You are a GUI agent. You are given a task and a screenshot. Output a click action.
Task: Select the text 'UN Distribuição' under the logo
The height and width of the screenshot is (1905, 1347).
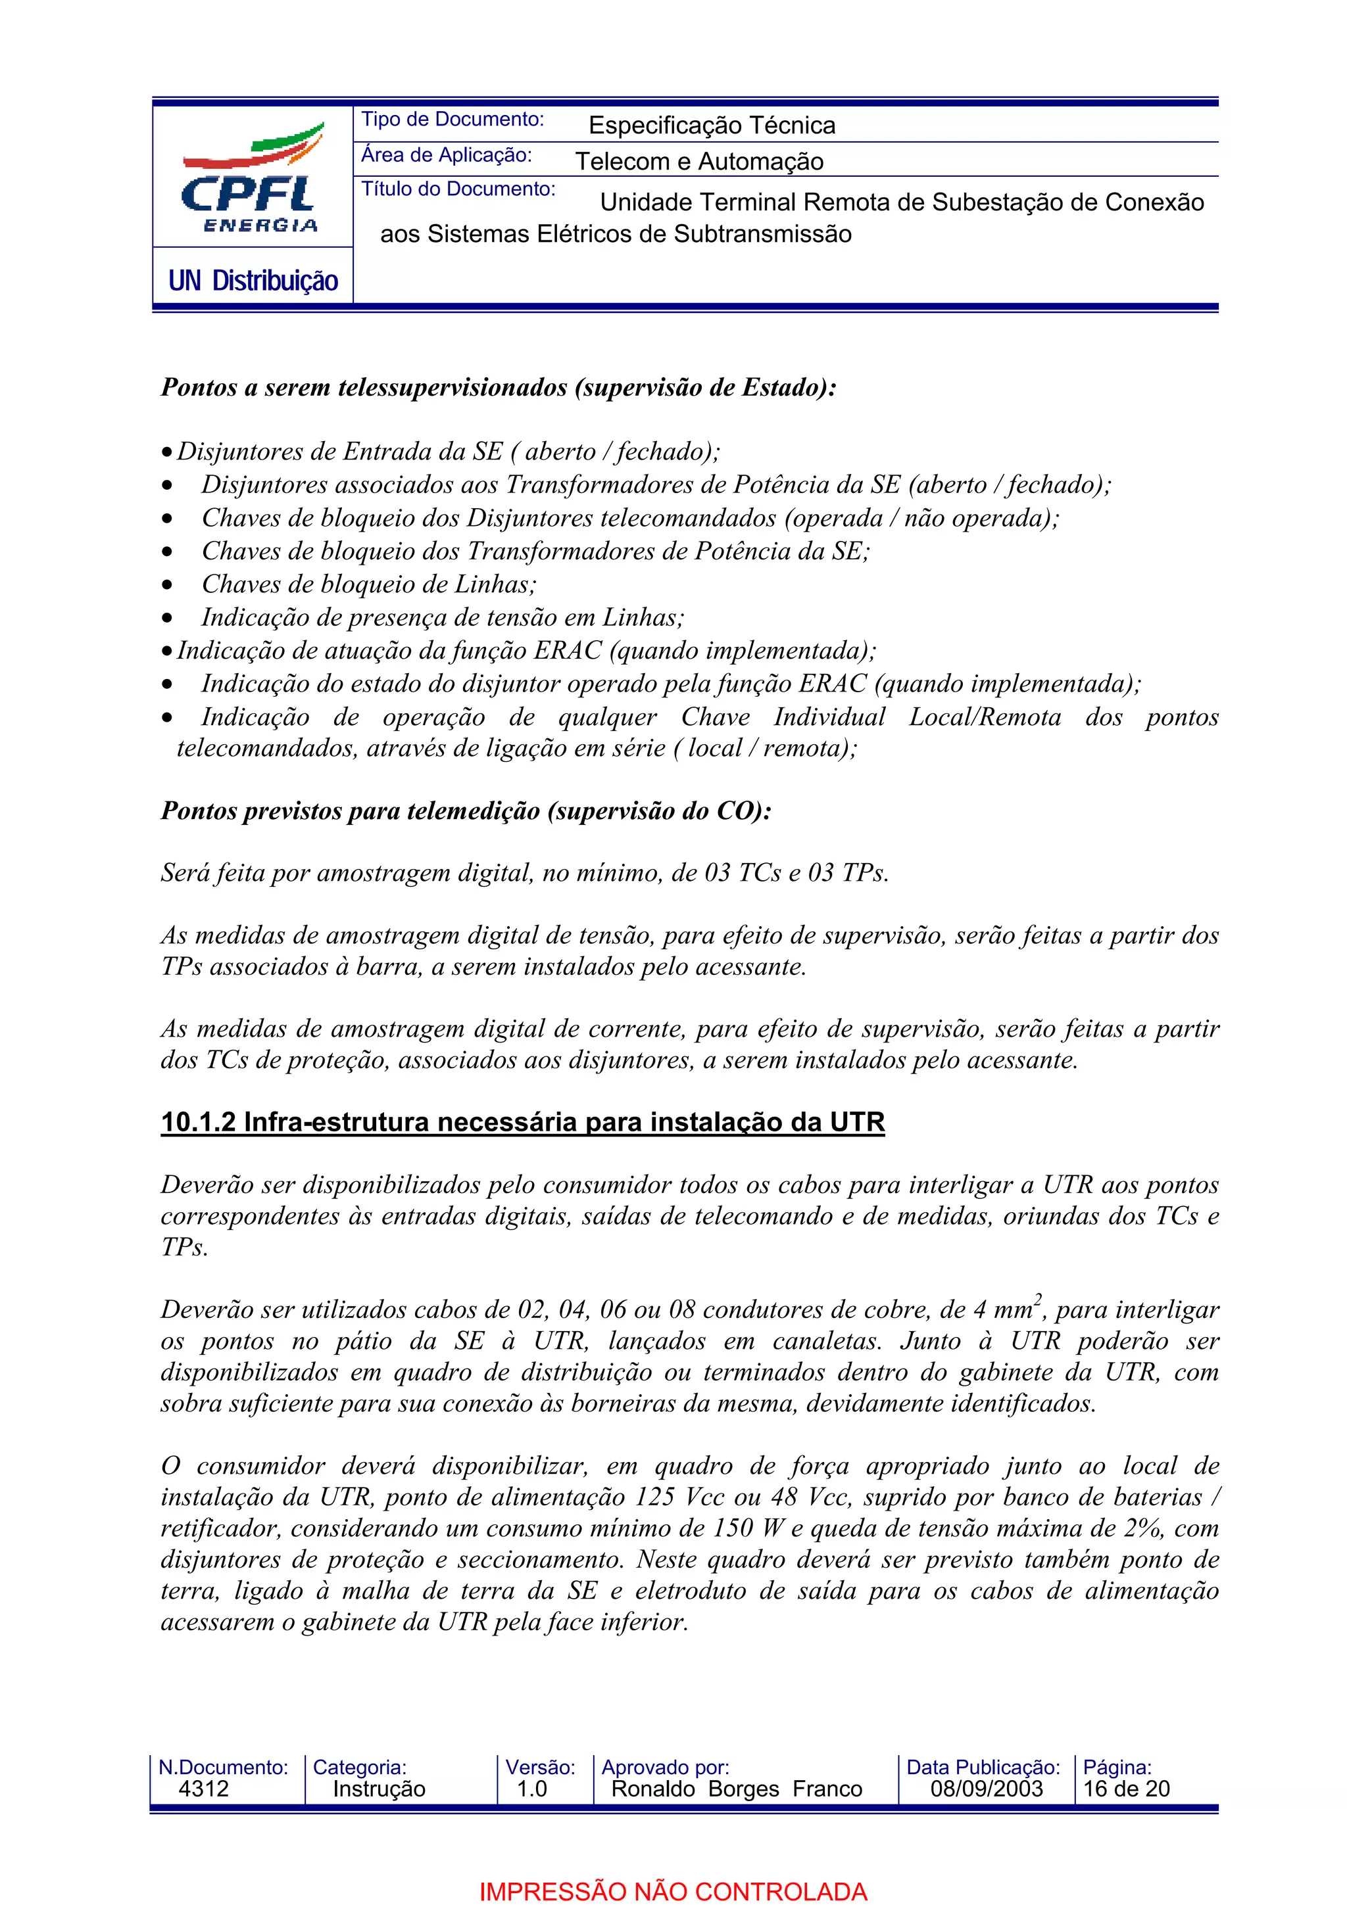point(253,281)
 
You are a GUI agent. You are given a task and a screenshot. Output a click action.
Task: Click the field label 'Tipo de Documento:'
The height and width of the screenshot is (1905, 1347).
point(453,120)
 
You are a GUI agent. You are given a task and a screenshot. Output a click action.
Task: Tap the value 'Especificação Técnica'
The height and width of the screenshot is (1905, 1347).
point(711,126)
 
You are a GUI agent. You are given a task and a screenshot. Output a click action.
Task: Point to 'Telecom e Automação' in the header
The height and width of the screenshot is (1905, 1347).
point(698,161)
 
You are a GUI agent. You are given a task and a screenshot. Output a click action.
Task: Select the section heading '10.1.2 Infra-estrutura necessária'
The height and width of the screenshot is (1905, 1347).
point(522,1123)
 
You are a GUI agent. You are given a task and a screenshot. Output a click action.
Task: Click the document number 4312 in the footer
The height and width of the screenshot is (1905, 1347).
point(203,1788)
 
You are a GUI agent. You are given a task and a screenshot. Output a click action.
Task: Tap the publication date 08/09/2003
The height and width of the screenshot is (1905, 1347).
point(986,1788)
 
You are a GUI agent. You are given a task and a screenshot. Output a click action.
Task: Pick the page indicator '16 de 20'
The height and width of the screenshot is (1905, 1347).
point(1126,1788)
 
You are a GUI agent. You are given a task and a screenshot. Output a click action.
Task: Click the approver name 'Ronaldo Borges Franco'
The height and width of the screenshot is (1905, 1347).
point(736,1788)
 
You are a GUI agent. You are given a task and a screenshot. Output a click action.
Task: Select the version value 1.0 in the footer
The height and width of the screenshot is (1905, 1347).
point(531,1788)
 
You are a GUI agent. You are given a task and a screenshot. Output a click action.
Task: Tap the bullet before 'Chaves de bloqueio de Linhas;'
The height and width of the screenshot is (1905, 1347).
point(168,586)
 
